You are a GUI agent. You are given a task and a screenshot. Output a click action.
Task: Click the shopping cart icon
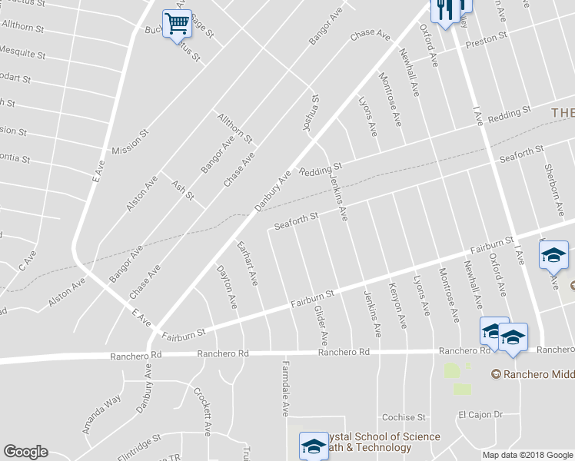pos(178,25)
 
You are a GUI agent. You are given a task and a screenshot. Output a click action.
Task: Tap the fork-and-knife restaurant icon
pos(445,9)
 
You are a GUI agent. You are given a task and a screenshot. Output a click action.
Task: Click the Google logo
pos(25,452)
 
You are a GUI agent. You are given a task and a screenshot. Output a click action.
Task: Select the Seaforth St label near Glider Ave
pos(296,221)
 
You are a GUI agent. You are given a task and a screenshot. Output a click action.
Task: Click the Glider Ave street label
pos(321,324)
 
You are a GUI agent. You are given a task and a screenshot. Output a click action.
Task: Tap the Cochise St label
pos(404,417)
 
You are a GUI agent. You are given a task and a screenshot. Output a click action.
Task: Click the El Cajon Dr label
pos(480,414)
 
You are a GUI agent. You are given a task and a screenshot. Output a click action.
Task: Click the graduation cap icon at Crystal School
pos(313,445)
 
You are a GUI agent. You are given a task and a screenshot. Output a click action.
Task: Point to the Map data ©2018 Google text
pos(527,455)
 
